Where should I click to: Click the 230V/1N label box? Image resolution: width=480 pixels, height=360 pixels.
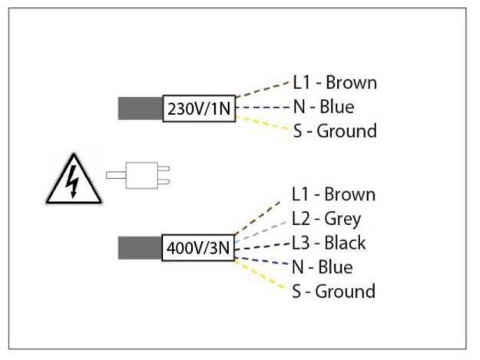pyautogui.click(x=198, y=108)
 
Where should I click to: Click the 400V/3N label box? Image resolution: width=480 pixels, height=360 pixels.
pyautogui.click(x=198, y=249)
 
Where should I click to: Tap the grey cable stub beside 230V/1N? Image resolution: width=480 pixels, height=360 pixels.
pyautogui.click(x=141, y=108)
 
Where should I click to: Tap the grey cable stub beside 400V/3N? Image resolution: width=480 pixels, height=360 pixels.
pyautogui.click(x=141, y=249)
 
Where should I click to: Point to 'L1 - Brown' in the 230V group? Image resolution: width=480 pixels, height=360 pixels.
pyautogui.click(x=334, y=82)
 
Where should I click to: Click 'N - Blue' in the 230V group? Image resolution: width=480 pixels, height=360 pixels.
pyautogui.click(x=323, y=107)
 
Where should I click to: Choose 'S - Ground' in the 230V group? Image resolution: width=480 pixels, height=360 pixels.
pyautogui.click(x=334, y=130)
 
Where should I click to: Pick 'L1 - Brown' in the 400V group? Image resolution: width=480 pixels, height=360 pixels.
pyautogui.click(x=333, y=194)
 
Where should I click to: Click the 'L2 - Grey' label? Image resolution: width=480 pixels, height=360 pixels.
pyautogui.click(x=326, y=219)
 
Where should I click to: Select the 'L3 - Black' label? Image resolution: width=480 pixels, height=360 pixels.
pyautogui.click(x=329, y=243)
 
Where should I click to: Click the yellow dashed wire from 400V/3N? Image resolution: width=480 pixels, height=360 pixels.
pyautogui.click(x=261, y=275)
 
